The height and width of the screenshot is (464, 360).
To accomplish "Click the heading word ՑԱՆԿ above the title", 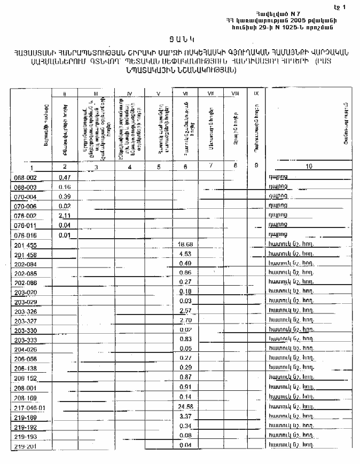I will point(181,38).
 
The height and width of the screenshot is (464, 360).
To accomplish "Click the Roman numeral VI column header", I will point(185,93).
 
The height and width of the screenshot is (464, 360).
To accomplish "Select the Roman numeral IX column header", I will point(257,93).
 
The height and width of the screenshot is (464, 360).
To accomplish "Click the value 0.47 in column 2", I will point(65,177).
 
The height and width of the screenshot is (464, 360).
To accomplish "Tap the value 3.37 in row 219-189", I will point(185,416).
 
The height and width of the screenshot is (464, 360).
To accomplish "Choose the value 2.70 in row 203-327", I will point(185,320).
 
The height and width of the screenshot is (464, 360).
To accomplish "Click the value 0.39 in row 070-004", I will point(65,196).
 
